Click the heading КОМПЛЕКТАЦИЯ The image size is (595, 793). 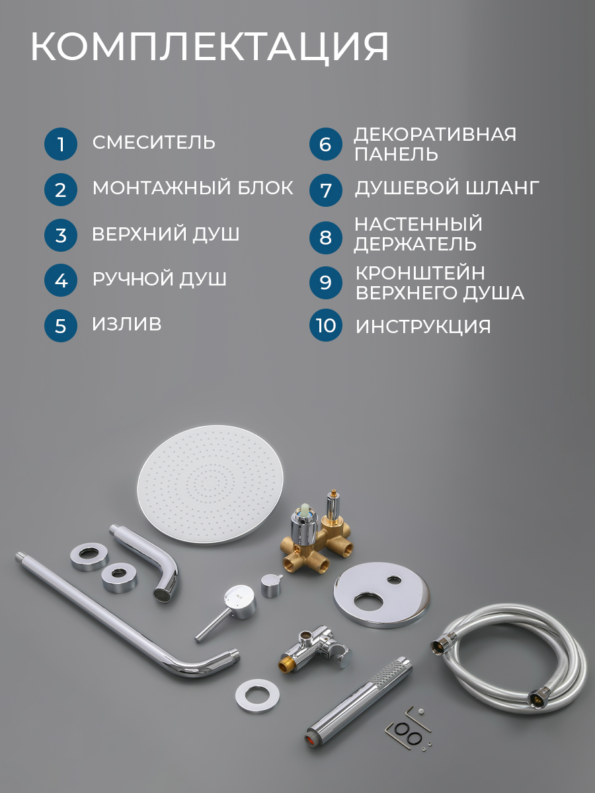click(210, 48)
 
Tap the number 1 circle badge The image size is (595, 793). click(61, 144)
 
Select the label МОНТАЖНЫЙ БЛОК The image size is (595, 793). click(192, 188)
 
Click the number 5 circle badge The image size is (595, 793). click(61, 326)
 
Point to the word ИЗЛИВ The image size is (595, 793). click(126, 324)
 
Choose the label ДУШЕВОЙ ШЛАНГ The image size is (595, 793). click(447, 188)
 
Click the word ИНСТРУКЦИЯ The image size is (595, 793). click(423, 326)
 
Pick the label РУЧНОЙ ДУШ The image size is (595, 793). click(159, 279)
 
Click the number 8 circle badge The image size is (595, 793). click(325, 237)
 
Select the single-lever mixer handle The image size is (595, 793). click(227, 612)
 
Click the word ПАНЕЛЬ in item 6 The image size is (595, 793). click(396, 154)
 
